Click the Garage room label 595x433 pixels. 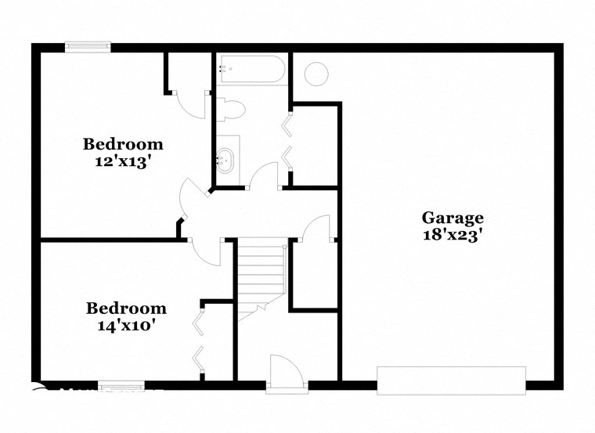click(453, 218)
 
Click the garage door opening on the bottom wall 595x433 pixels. click(452, 380)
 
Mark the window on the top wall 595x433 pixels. click(88, 47)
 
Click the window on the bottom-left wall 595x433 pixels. click(121, 385)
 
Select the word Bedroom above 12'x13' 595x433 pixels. click(124, 144)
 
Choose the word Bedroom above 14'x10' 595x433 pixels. click(126, 309)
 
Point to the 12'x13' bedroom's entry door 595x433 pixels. click(189, 200)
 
